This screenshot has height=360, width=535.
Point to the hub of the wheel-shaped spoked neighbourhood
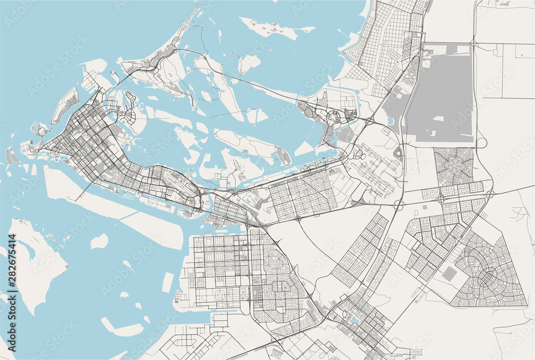(x=454, y=166)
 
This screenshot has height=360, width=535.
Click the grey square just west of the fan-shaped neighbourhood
(x=450, y=274)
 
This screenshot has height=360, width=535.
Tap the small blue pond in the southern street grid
(x=354, y=320)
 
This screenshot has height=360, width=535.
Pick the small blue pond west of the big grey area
(x=389, y=120)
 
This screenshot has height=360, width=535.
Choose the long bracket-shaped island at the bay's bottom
(x=120, y=327)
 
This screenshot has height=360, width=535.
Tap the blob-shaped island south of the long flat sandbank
(x=99, y=242)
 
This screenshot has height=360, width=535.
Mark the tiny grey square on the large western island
(x=67, y=265)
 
